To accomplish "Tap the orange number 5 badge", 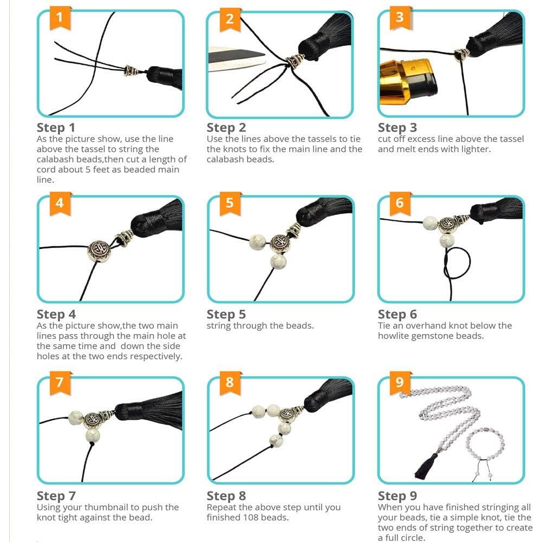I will coord(230,204).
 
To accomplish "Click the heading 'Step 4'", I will coord(56,315).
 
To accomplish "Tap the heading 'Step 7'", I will coord(56,496).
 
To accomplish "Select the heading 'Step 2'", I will coord(226,128).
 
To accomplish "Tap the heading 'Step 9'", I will coord(397,496).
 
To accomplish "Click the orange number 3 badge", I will coord(400,17).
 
